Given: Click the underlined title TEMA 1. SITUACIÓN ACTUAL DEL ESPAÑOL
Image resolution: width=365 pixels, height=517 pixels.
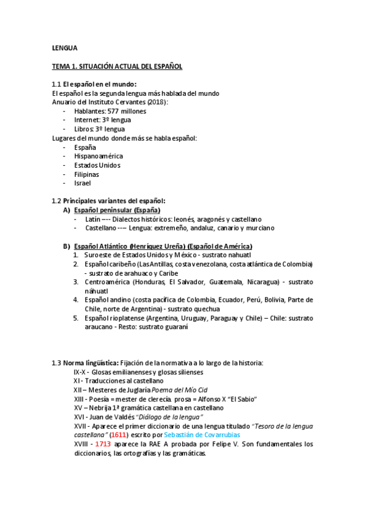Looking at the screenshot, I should [116, 66].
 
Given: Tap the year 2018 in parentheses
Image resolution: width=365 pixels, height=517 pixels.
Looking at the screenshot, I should [156, 102].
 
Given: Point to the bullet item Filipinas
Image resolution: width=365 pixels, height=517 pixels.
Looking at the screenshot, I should [87, 174].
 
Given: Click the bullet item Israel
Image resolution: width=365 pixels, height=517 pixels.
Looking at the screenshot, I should [82, 183].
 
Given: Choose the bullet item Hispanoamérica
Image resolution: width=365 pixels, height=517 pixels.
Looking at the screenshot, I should [98, 156].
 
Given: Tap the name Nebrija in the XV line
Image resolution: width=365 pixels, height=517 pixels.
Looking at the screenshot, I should [102, 408].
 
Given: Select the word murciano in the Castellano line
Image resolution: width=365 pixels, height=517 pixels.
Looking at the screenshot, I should [243, 227].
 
